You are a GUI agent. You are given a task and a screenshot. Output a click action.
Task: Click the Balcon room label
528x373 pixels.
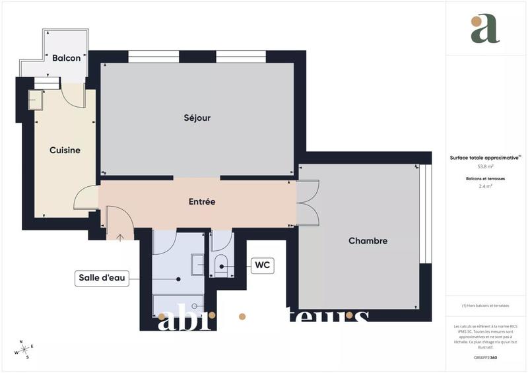pos(66,58)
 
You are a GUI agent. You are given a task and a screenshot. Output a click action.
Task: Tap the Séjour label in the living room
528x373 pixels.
pos(197,118)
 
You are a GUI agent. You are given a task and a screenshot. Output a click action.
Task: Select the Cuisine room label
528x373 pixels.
pos(65,151)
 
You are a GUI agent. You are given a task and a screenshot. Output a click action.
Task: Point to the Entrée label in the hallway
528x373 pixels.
pos(201,201)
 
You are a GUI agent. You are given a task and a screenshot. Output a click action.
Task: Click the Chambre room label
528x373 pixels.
pos(368,241)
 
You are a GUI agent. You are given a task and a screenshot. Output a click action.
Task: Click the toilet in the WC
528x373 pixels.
pos(221,265)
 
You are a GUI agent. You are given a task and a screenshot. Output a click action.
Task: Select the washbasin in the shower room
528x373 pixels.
pos(197,265)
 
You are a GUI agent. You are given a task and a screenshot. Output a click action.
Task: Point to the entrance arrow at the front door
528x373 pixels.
pos(120,236)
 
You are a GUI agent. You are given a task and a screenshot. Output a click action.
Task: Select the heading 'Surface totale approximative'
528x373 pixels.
pos(484,158)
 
